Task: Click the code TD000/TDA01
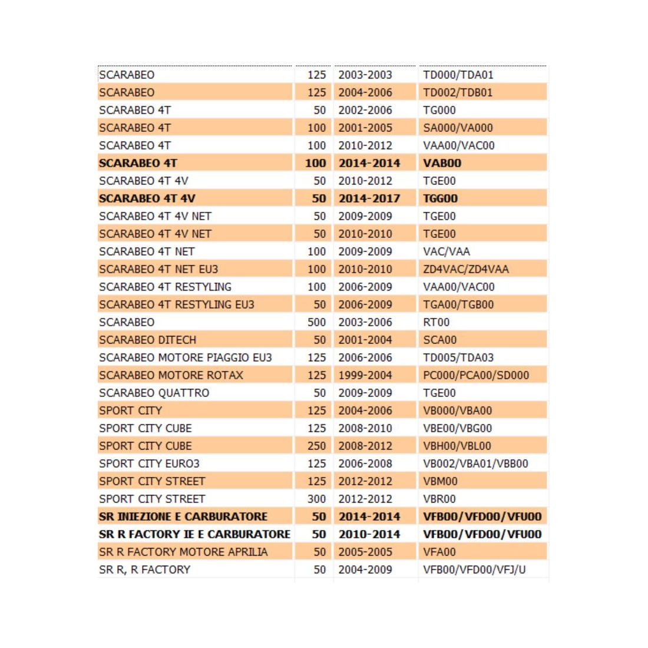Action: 458,75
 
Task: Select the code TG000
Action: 439,110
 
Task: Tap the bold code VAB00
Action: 442,163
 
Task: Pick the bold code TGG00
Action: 440,199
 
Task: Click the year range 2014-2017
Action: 369,199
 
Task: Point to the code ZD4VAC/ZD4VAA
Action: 465,269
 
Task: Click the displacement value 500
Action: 316,322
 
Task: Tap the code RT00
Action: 436,322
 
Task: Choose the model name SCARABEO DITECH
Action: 147,340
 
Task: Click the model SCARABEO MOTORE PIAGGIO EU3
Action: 186,358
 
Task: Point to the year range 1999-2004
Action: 365,375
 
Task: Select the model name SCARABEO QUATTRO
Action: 154,393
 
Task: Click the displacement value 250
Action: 316,446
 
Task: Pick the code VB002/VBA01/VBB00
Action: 475,464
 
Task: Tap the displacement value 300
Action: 316,499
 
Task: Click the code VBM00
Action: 440,481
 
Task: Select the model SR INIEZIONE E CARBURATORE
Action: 183,517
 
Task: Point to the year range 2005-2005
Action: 365,552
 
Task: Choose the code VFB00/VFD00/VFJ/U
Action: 474,570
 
